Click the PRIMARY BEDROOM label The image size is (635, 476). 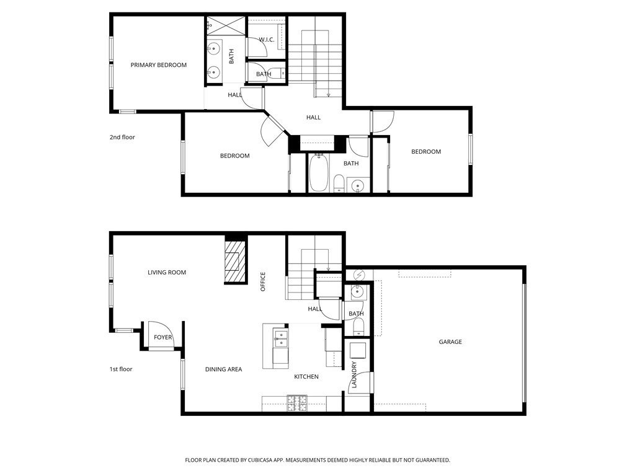158,65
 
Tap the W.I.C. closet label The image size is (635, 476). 267,40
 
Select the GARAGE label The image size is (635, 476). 450,342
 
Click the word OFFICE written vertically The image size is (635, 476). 263,282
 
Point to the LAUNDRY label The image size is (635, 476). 355,376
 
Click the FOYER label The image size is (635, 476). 163,337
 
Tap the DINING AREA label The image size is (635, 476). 223,369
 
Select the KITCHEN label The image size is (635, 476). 306,376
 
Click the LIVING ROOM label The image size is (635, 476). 167,272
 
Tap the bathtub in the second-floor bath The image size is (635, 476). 319,173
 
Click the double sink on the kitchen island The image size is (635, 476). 280,339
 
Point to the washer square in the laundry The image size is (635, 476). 358,351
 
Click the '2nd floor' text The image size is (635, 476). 122,137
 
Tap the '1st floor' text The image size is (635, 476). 121,369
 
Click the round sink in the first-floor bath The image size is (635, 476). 357,292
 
